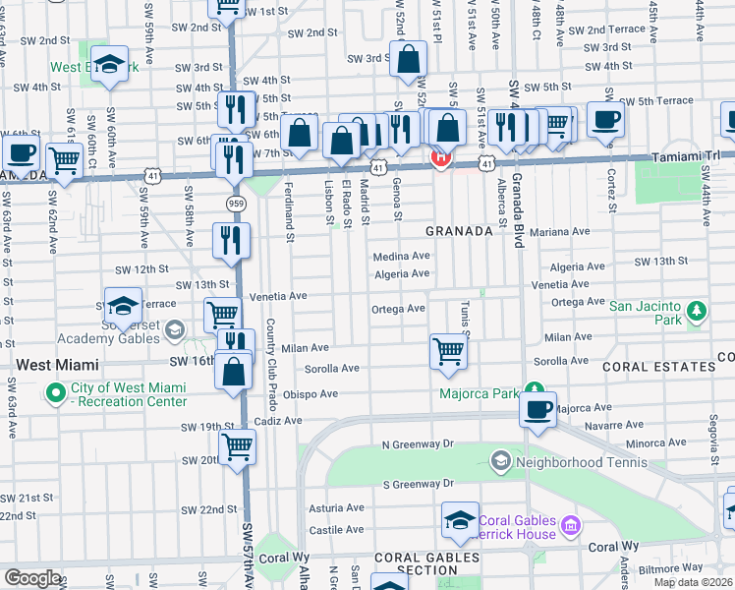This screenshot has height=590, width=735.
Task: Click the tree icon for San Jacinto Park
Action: click(697, 312)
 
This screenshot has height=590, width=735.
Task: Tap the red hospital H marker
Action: click(441, 157)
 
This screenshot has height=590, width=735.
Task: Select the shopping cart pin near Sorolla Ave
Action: click(448, 350)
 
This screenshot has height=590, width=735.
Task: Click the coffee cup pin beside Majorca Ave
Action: click(537, 410)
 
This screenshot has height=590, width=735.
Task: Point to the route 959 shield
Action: click(235, 204)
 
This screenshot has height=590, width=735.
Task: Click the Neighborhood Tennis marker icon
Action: click(500, 460)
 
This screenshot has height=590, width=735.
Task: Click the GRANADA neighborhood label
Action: click(458, 231)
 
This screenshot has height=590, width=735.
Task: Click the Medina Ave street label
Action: click(401, 256)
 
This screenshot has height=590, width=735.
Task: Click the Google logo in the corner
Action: click(32, 578)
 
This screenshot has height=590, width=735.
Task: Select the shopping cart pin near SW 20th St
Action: click(238, 446)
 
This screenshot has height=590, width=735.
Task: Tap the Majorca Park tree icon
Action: click(535, 389)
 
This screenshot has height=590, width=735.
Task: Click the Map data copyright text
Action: click(692, 582)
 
